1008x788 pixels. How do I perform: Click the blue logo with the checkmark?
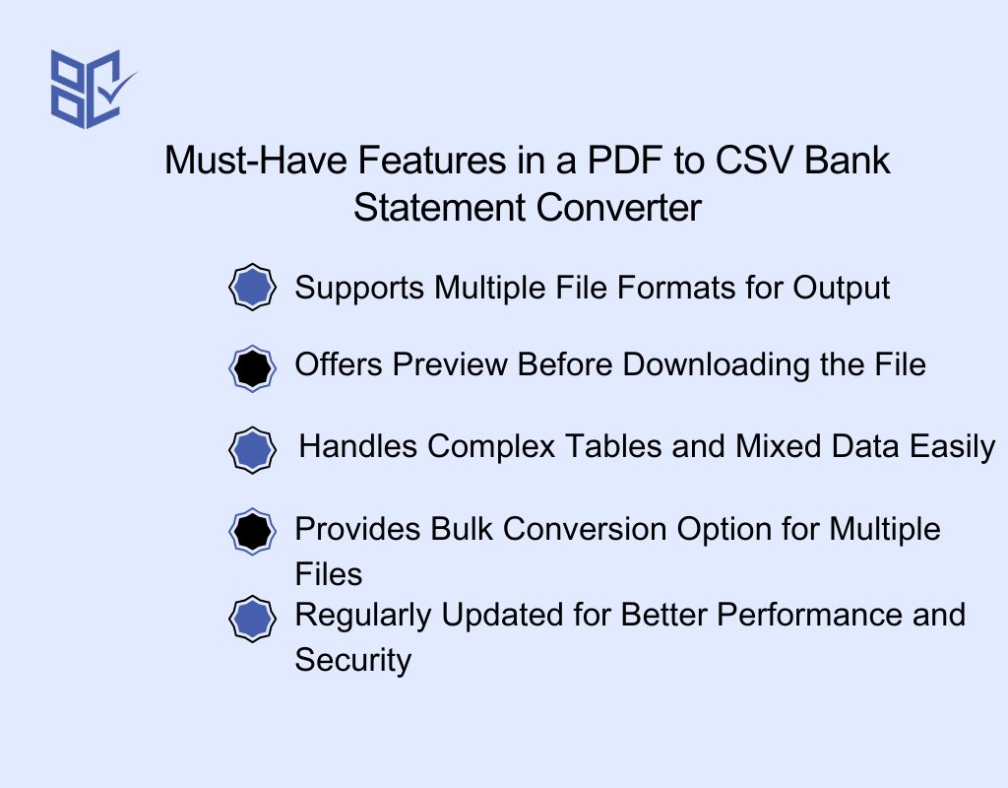[91, 88]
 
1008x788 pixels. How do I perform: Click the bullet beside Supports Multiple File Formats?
[253, 288]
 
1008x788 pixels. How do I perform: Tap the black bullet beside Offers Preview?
[253, 367]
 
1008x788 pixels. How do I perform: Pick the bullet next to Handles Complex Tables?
[253, 449]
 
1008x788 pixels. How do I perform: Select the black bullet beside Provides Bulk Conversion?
[253, 532]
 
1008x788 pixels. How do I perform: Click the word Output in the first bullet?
[842, 288]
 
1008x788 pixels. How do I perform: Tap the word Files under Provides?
[329, 574]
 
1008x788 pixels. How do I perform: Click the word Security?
[352, 660]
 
